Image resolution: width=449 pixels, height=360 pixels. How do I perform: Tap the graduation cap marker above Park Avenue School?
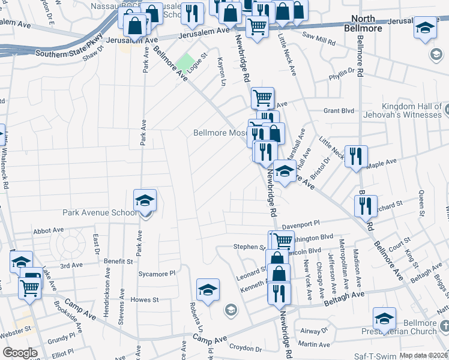[x=145, y=200]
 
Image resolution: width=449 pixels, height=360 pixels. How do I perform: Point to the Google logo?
[x=20, y=352]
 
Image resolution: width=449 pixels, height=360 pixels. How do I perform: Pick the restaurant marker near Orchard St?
[x=366, y=206]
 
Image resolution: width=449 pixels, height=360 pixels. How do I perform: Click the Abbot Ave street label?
[x=49, y=230]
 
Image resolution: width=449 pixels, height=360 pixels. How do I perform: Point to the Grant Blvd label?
[x=339, y=111]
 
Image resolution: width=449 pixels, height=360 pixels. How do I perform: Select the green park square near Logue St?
[x=186, y=62]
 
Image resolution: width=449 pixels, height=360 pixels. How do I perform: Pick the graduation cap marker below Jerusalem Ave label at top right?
[x=425, y=28]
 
